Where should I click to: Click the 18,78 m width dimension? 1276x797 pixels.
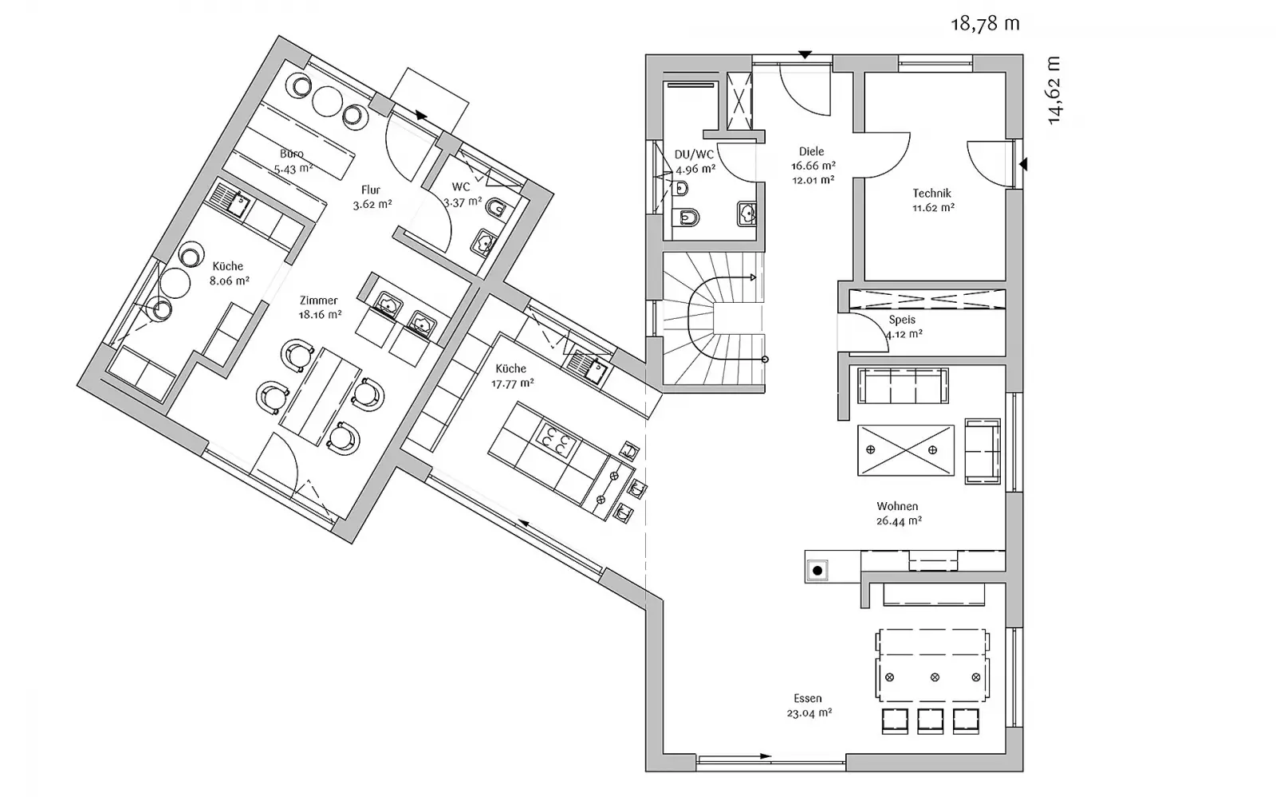[x=985, y=25]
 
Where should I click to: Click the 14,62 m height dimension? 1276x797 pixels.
[x=1053, y=90]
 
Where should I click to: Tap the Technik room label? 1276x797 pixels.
[x=932, y=194]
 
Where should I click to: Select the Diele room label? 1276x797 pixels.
[x=811, y=151]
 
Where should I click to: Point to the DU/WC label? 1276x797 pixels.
[x=694, y=155]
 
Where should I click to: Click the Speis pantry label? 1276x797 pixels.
[x=902, y=320]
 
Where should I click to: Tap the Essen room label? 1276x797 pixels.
[x=808, y=698]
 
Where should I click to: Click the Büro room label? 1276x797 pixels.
[x=292, y=154]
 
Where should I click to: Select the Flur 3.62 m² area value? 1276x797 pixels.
[x=372, y=204]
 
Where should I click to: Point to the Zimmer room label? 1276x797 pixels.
[x=319, y=300]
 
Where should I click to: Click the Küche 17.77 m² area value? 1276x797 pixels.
[x=513, y=383]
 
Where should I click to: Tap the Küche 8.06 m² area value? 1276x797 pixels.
[x=230, y=281]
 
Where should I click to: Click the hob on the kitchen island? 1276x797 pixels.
[x=555, y=439]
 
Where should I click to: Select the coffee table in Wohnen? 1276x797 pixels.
[x=906, y=450]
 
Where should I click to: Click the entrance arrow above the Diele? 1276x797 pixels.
[x=805, y=55]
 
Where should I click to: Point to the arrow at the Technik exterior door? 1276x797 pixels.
[x=1023, y=164]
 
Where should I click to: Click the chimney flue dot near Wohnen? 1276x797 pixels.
[x=818, y=571]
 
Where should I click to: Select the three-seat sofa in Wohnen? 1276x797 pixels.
[x=903, y=386]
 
